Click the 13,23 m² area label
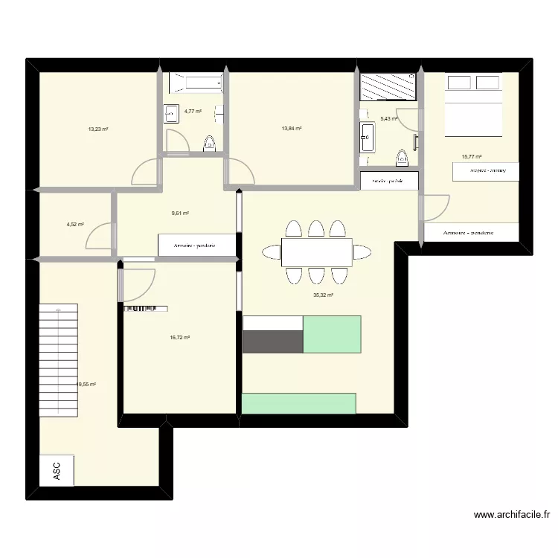[x=98, y=129]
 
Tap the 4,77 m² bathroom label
[x=193, y=112]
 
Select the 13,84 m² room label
[x=292, y=129]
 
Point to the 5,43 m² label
[x=389, y=118]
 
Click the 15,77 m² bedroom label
[x=472, y=157]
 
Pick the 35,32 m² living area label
[x=323, y=295]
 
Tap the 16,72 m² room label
[x=180, y=337]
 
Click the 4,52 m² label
[x=75, y=224]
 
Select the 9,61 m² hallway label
[x=180, y=214]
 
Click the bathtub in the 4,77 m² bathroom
[x=196, y=83]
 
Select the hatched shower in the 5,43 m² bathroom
[x=388, y=86]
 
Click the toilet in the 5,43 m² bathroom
[x=403, y=158]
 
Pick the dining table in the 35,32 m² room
[x=316, y=252]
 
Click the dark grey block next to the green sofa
[x=273, y=341]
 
